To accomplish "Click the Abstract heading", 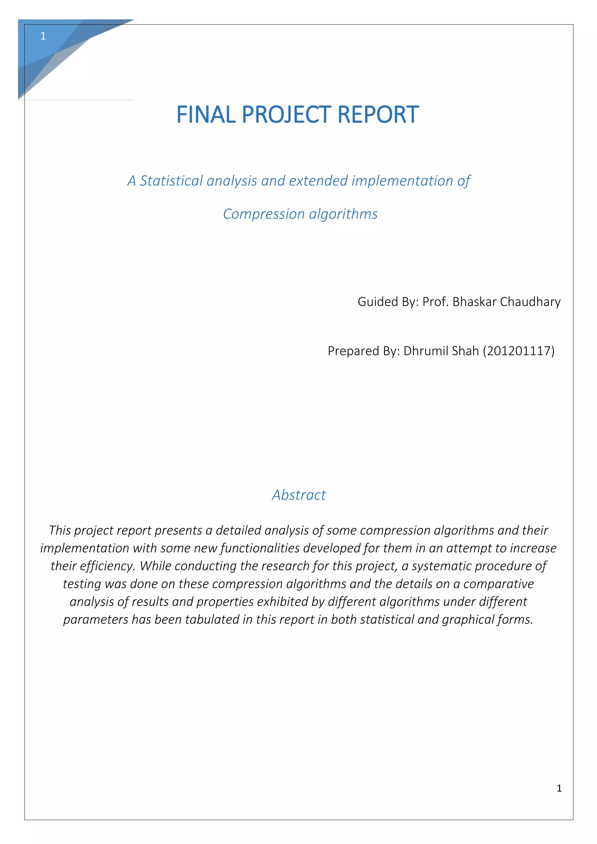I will (x=299, y=495).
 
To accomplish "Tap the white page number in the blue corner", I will (x=43, y=36).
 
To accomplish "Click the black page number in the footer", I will (x=559, y=788).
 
